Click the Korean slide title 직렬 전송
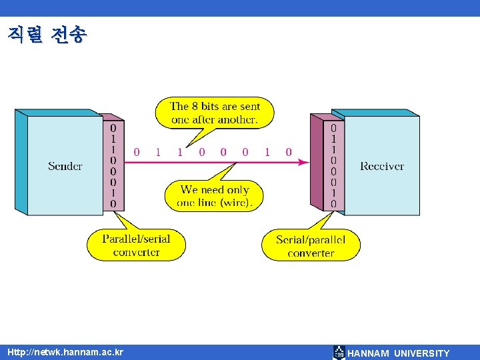[47, 35]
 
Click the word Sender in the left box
[65, 166]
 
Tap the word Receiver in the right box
[382, 166]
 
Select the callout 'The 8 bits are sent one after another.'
[215, 113]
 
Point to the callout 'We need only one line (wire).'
[215, 196]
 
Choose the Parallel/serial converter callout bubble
[136, 245]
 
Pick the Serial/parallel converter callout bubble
[311, 245]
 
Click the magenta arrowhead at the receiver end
[303, 162]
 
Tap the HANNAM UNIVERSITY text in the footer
[399, 353]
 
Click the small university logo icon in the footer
[339, 353]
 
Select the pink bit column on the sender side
[113, 165]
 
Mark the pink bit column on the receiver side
[333, 165]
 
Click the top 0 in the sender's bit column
[113, 127]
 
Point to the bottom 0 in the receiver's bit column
[333, 204]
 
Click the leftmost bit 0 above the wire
[137, 152]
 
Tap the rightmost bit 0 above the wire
[289, 152]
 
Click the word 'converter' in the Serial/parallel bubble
[311, 253]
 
